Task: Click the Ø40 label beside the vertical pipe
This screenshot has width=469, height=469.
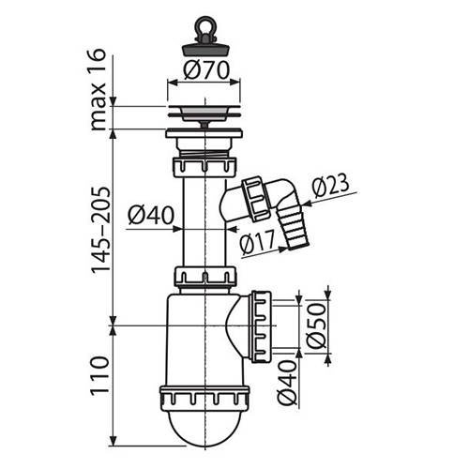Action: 146,215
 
